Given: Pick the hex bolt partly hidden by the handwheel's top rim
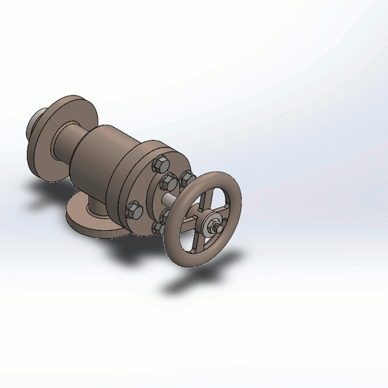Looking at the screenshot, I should [x=186, y=177].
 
